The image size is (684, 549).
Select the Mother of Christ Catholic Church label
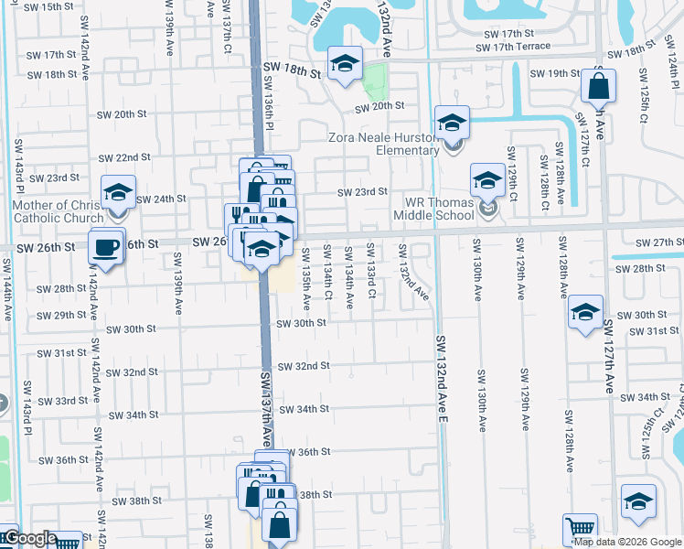pos(58,211)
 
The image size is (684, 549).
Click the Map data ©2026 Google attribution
pos(626,542)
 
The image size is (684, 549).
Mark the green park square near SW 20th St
pos(373,84)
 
